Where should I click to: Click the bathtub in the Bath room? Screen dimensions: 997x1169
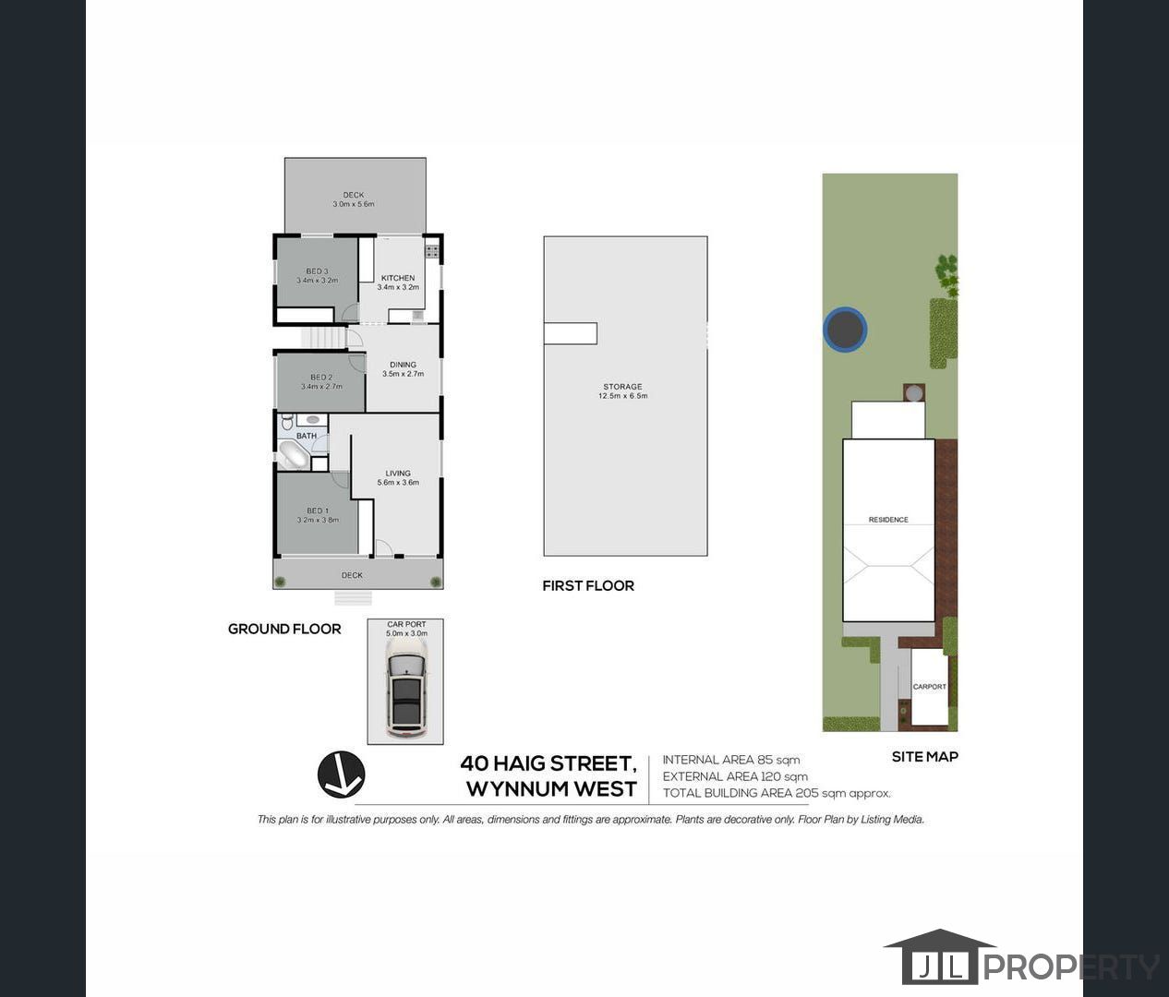[295, 455]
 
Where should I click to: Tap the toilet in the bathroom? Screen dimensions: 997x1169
[286, 423]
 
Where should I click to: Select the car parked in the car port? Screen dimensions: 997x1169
[405, 688]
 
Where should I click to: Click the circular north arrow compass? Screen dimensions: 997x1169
[342, 775]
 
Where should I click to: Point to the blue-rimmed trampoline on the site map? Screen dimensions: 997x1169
[845, 330]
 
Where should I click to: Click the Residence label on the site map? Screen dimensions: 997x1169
[888, 520]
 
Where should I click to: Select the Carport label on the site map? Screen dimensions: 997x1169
[930, 687]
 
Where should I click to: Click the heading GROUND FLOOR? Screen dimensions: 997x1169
[284, 629]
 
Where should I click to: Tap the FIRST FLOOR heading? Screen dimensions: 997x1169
[588, 585]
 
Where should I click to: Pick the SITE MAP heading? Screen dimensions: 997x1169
[924, 756]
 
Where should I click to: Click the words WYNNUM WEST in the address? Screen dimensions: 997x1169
[551, 789]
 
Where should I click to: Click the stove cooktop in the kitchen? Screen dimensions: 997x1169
[431, 250]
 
